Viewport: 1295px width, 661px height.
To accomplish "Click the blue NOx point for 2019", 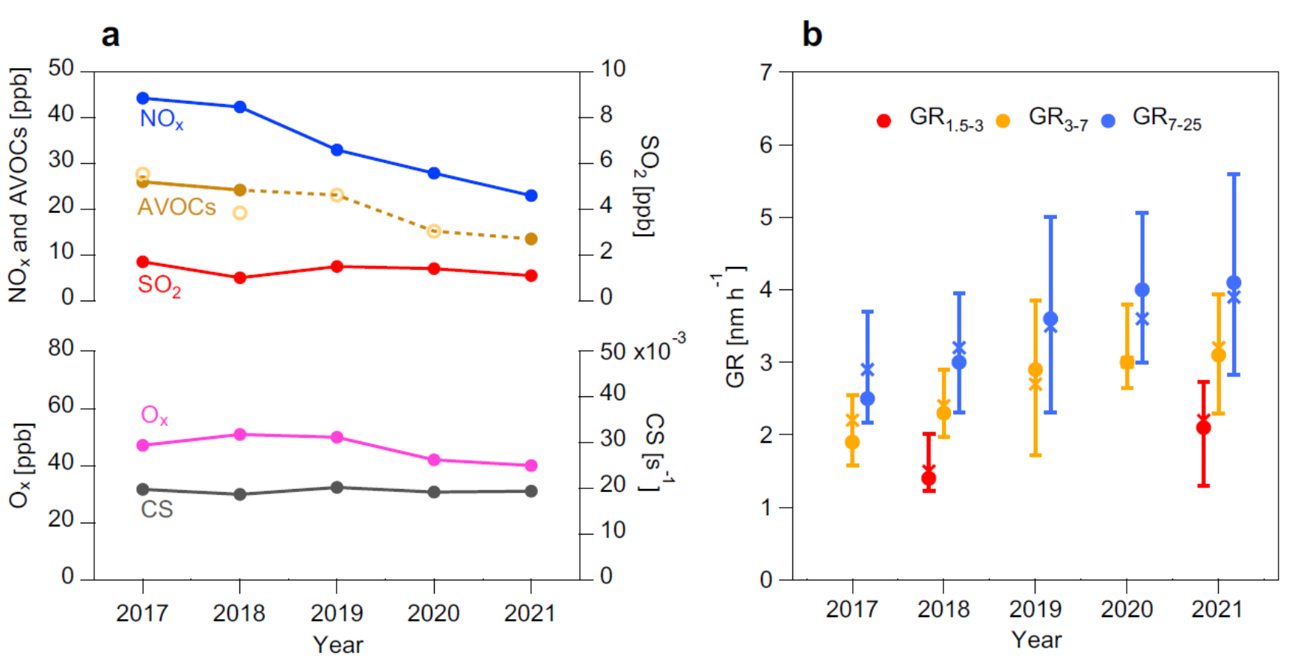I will (337, 150).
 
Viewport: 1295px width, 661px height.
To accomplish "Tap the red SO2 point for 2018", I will (240, 277).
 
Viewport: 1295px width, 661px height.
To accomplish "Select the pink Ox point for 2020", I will (434, 460).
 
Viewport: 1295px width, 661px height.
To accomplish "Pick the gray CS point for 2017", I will (143, 489).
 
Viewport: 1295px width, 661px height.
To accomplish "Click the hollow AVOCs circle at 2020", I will (434, 231).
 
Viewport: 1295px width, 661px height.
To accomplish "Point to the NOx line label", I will (161, 119).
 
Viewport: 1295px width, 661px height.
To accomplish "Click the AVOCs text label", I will (177, 207).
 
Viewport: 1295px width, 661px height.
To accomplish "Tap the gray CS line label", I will (156, 509).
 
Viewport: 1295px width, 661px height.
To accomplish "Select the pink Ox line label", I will (154, 416).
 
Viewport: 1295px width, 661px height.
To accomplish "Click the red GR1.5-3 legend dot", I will (884, 121).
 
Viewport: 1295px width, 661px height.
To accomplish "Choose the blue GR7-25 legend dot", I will (1108, 121).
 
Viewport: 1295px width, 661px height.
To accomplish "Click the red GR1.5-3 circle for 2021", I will (1203, 428).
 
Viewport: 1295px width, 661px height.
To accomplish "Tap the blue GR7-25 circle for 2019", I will (1050, 319).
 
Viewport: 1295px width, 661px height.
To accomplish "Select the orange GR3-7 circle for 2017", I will (852, 442).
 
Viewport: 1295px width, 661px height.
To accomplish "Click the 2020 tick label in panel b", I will (1126, 609).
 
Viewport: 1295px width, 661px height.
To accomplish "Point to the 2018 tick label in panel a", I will (239, 613).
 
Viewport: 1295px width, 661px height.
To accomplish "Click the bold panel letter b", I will (812, 34).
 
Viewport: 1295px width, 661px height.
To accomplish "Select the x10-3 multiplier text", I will (659, 349).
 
